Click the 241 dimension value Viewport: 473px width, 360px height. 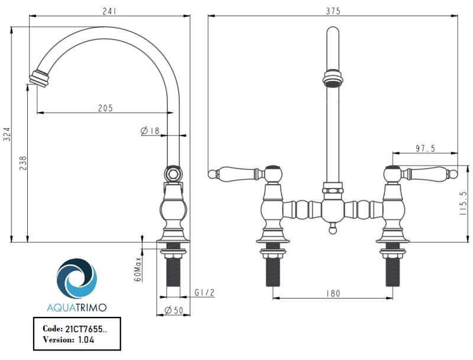[109, 11]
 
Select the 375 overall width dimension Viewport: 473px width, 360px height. [333, 11]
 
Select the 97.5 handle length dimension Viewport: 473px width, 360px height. [425, 149]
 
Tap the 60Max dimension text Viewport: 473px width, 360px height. [137, 268]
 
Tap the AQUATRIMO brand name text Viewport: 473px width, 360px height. [77, 307]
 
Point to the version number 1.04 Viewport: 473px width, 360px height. [85, 340]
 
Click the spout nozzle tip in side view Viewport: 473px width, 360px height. [38, 77]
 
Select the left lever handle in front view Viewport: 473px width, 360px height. [237, 173]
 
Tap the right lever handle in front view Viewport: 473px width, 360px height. [427, 173]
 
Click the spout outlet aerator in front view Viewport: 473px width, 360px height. [332, 78]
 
